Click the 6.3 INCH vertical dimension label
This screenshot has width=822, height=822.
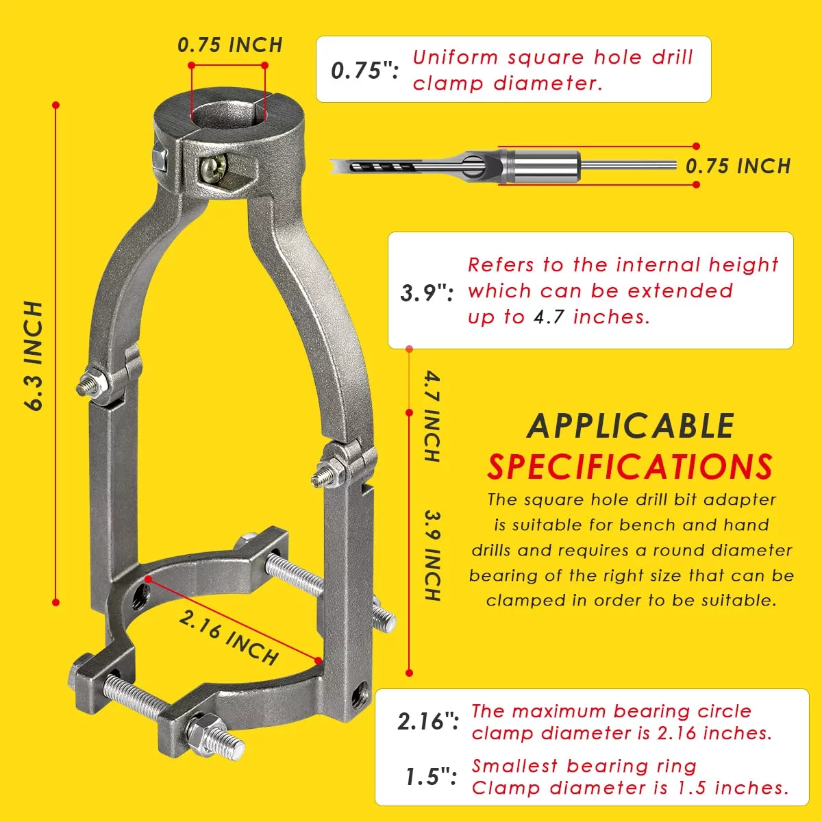(x=34, y=356)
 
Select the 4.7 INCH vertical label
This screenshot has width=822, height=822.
(x=432, y=416)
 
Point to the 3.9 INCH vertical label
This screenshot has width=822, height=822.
(x=432, y=556)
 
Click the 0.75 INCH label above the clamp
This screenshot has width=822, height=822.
(x=230, y=45)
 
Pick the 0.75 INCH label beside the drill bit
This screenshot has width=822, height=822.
(x=738, y=166)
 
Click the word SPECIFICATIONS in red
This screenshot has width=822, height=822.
(x=630, y=466)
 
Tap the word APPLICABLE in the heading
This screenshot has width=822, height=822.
(x=630, y=425)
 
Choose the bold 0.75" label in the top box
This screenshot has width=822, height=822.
(x=364, y=71)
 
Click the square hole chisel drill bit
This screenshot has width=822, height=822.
(x=503, y=166)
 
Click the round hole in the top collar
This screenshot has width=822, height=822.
(x=229, y=115)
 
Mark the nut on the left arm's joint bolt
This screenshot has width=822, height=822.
(x=97, y=381)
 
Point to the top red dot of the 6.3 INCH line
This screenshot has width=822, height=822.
(x=56, y=105)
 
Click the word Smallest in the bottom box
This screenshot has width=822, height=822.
(x=514, y=766)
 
